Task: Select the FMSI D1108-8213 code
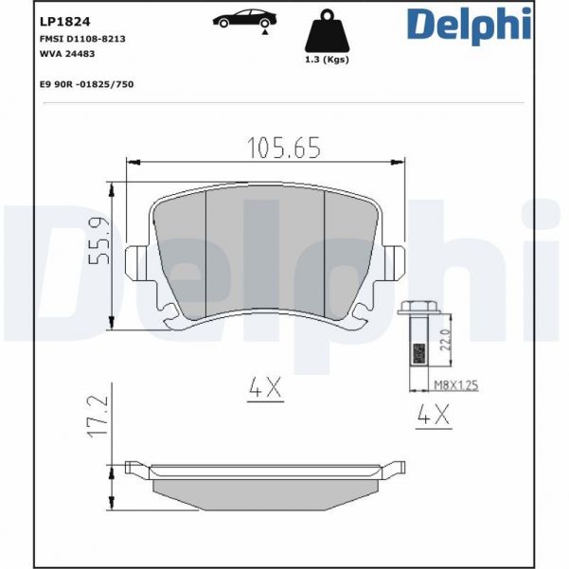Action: tap(83, 39)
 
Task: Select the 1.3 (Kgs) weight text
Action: tap(327, 60)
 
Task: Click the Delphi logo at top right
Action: tap(469, 26)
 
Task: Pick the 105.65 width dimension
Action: tap(284, 148)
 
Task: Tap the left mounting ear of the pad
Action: tap(137, 261)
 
